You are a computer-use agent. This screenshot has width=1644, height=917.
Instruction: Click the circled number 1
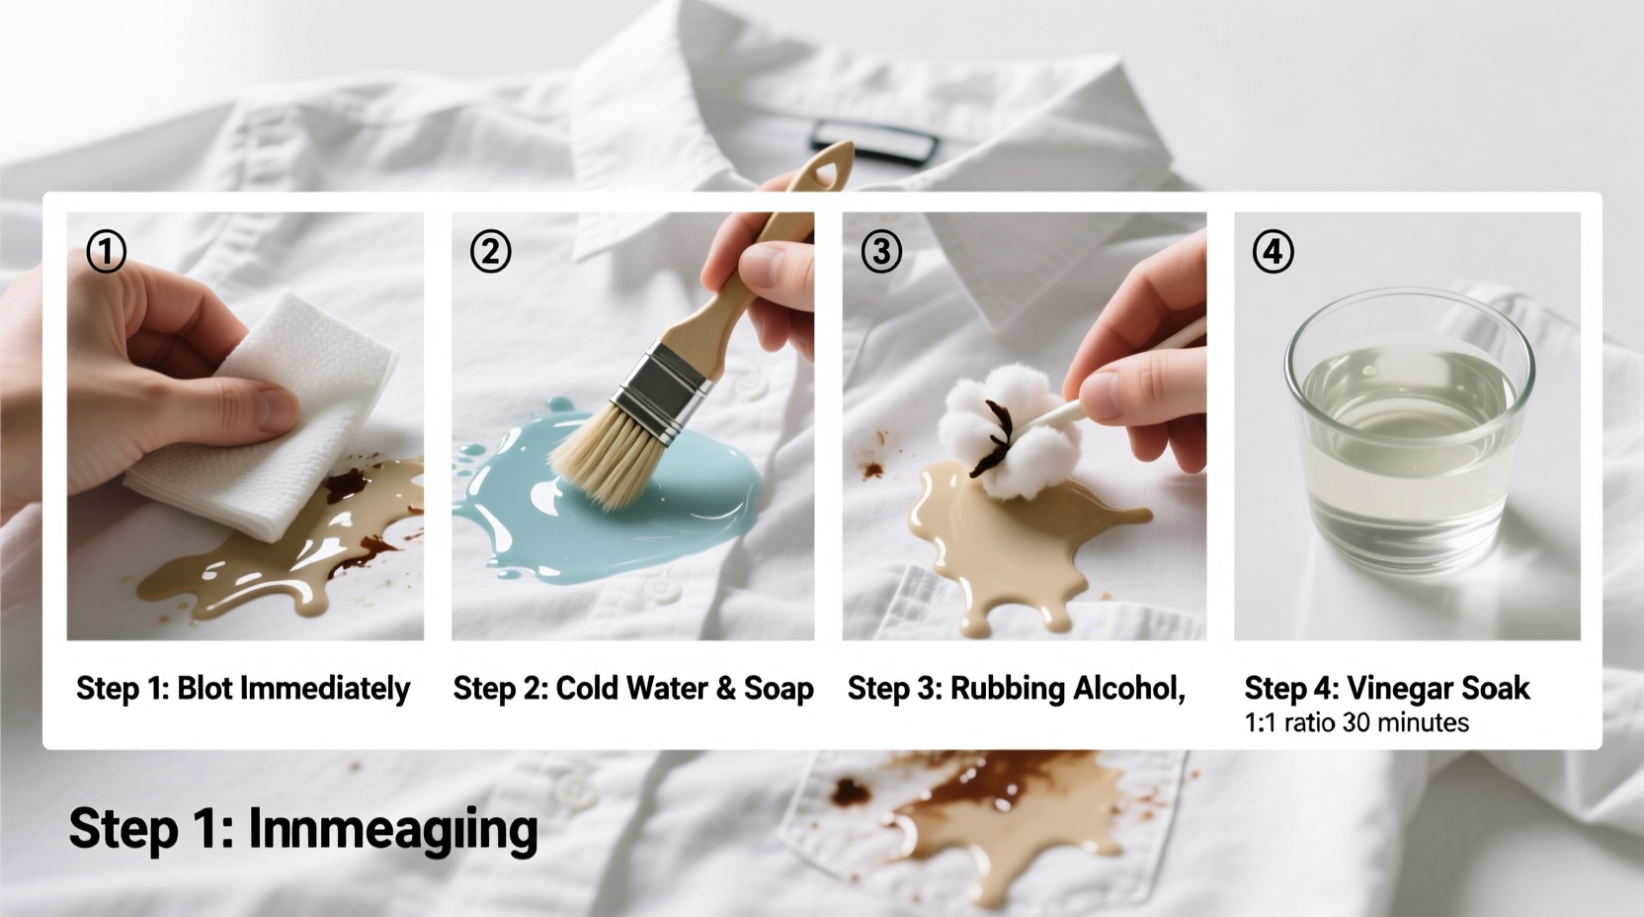click(x=106, y=251)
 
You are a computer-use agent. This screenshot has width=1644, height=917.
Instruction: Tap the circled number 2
click(x=490, y=251)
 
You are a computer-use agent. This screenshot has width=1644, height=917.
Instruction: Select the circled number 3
click(x=881, y=251)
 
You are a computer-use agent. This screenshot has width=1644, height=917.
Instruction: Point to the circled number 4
click(x=1273, y=251)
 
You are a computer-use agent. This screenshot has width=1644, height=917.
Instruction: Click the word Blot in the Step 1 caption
click(x=205, y=689)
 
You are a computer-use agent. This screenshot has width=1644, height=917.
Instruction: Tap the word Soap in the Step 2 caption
click(x=779, y=689)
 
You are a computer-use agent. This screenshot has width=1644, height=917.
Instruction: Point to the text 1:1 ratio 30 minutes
click(x=1356, y=722)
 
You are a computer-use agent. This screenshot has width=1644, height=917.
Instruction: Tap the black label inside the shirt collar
click(x=873, y=141)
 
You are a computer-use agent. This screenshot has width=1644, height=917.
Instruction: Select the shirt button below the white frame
click(x=573, y=788)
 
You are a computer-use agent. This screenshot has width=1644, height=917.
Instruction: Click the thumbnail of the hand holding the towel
click(x=245, y=426)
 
